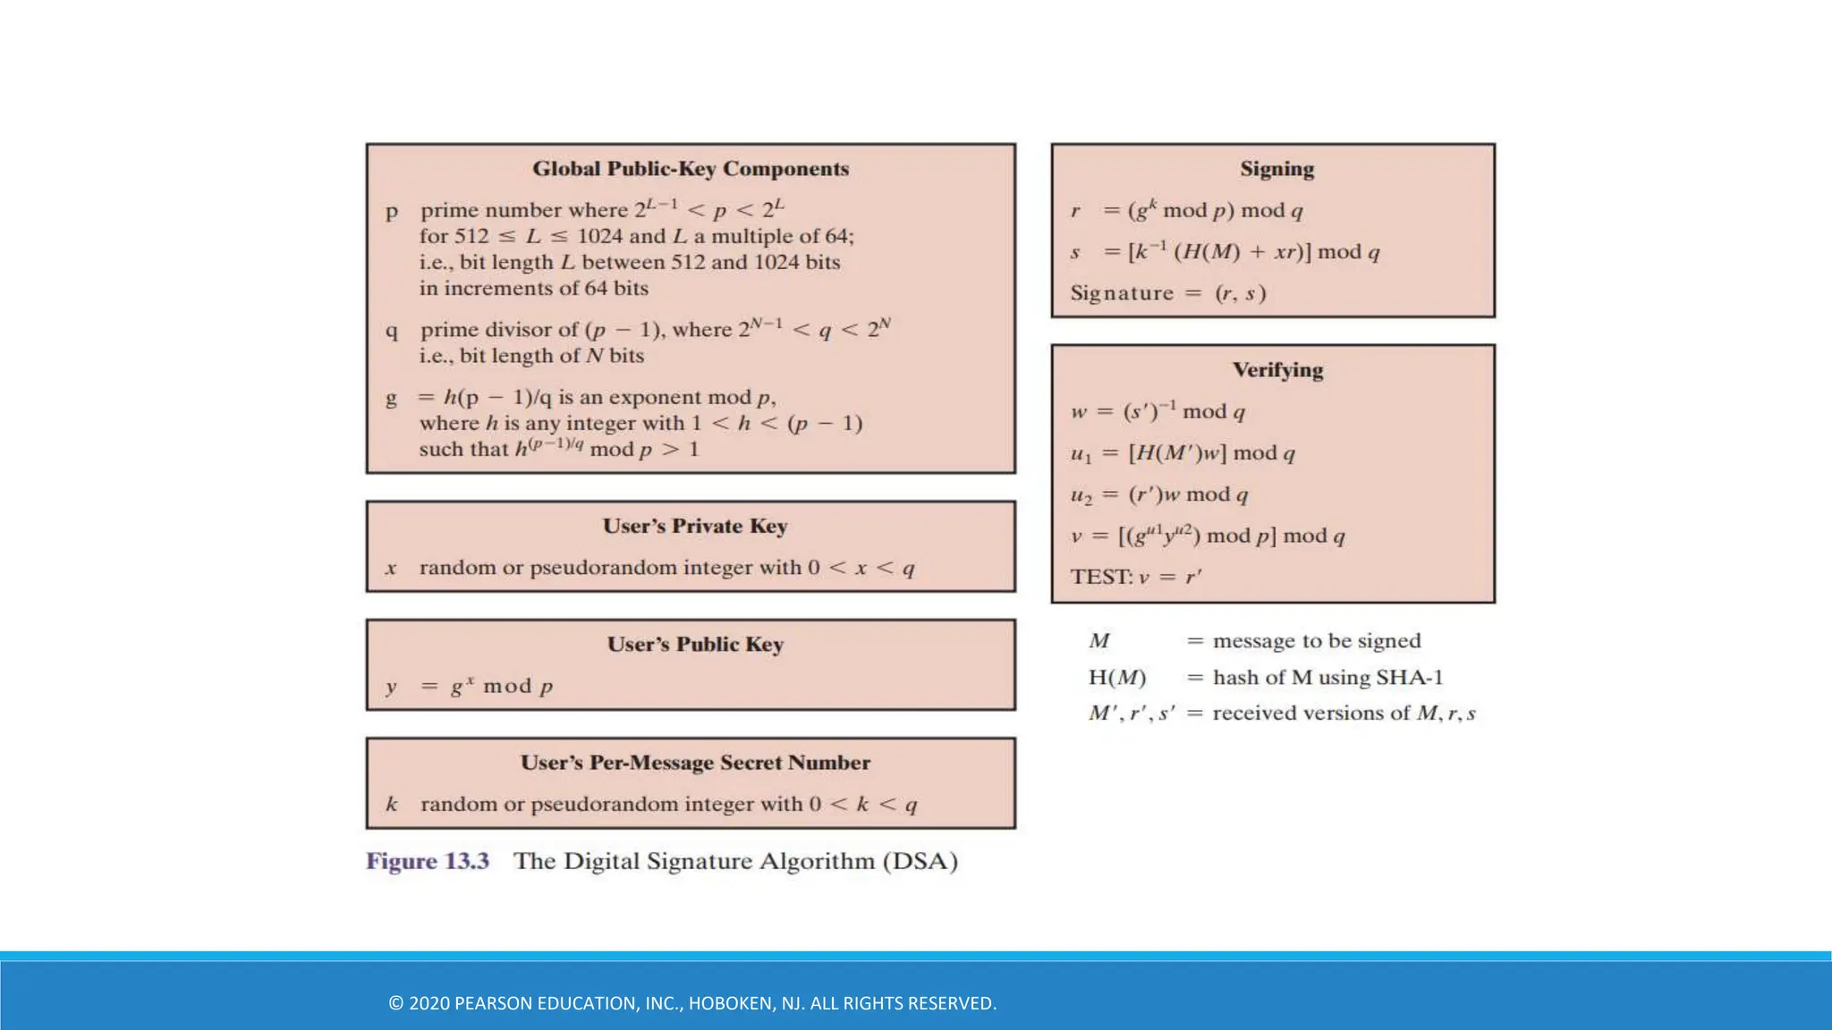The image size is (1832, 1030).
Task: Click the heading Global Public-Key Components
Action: point(690,169)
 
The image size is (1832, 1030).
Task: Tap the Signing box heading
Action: point(1276,169)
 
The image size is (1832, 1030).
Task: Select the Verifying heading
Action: point(1277,370)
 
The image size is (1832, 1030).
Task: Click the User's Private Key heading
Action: point(694,526)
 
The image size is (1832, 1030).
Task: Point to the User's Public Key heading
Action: point(694,645)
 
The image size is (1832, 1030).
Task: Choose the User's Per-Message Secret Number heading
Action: point(694,763)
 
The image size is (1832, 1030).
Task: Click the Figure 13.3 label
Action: point(428,861)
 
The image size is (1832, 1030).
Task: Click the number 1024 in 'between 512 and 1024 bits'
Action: point(783,262)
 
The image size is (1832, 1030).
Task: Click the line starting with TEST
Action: point(1136,577)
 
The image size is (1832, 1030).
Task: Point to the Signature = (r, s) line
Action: point(1167,293)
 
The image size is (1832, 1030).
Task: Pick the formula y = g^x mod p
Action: point(470,687)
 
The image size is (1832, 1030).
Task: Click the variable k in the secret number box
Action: point(391,805)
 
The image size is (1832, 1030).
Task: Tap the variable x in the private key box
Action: point(391,569)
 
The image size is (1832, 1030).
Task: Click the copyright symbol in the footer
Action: point(395,1003)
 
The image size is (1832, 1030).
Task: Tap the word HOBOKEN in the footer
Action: point(730,1003)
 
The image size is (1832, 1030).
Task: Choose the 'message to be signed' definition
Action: point(1316,641)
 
